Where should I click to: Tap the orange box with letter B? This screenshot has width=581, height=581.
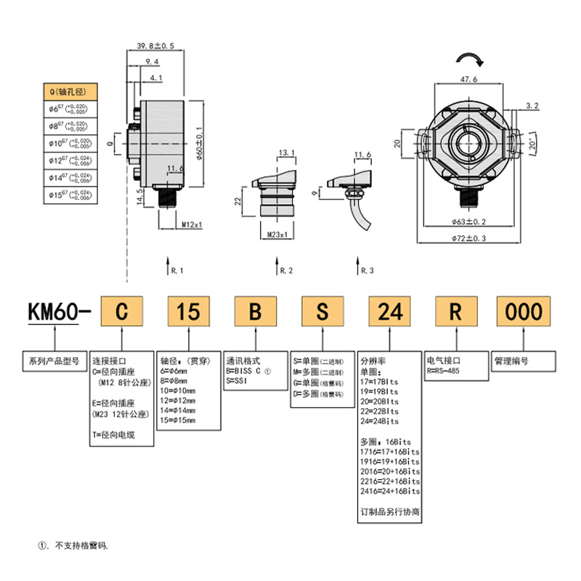255,312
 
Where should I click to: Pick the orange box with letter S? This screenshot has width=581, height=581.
322,312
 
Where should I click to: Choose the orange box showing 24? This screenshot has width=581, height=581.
390,312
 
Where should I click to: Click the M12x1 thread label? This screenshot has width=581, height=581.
191,224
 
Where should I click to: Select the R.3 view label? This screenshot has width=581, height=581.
367,270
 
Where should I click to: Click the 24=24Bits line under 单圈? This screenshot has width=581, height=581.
379,421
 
